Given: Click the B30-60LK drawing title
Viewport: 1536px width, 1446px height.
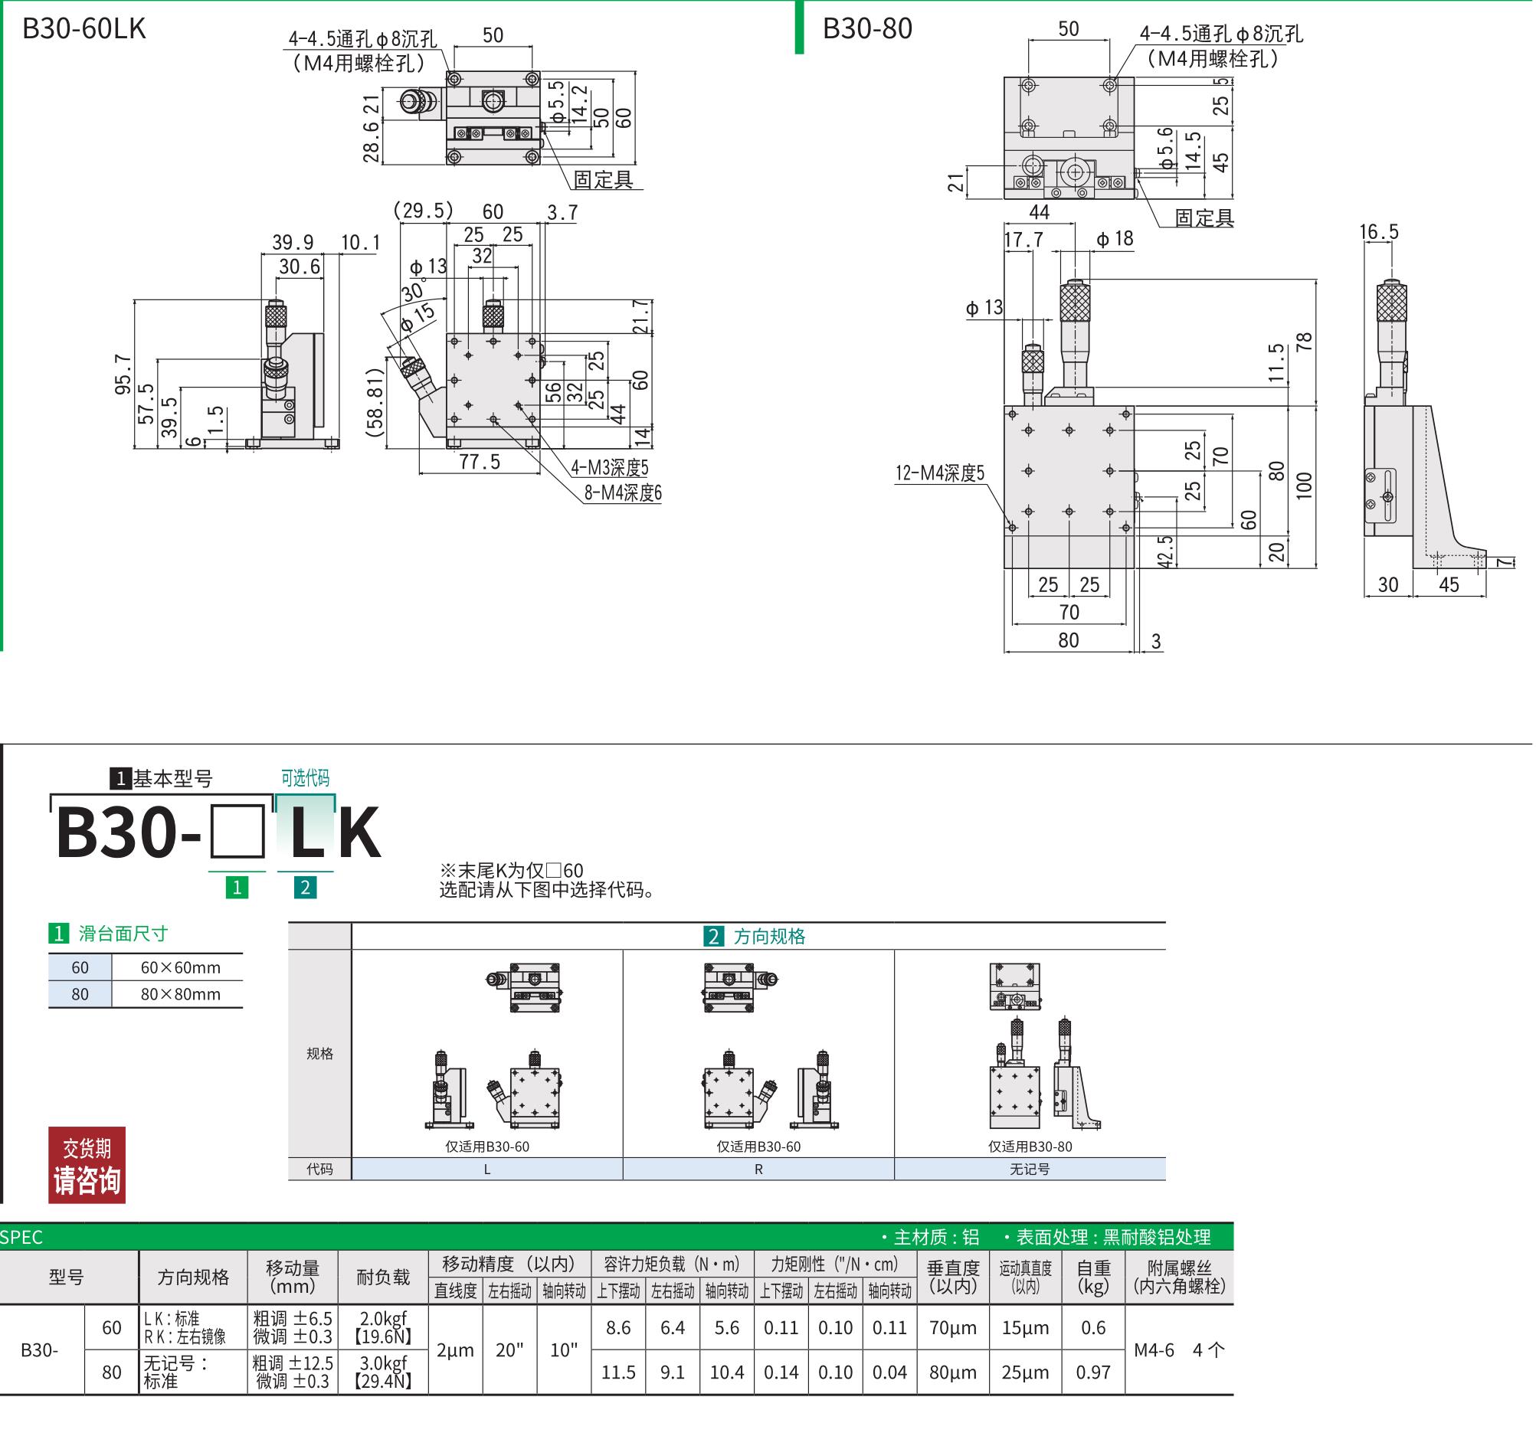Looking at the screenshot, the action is [x=84, y=28].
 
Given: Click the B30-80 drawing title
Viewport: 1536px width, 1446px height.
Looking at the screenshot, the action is [x=868, y=28].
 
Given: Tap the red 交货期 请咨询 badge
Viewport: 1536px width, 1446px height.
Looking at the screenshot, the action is [x=87, y=1165].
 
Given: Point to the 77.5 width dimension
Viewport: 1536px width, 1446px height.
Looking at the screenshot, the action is [x=480, y=462].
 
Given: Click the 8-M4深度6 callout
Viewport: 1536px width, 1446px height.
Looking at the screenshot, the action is [x=623, y=492].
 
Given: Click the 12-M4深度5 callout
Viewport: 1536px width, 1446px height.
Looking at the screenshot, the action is [x=940, y=473].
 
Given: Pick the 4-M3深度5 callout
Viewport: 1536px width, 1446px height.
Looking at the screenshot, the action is [x=610, y=467].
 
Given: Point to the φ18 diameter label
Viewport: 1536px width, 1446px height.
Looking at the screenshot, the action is [x=1115, y=239].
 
